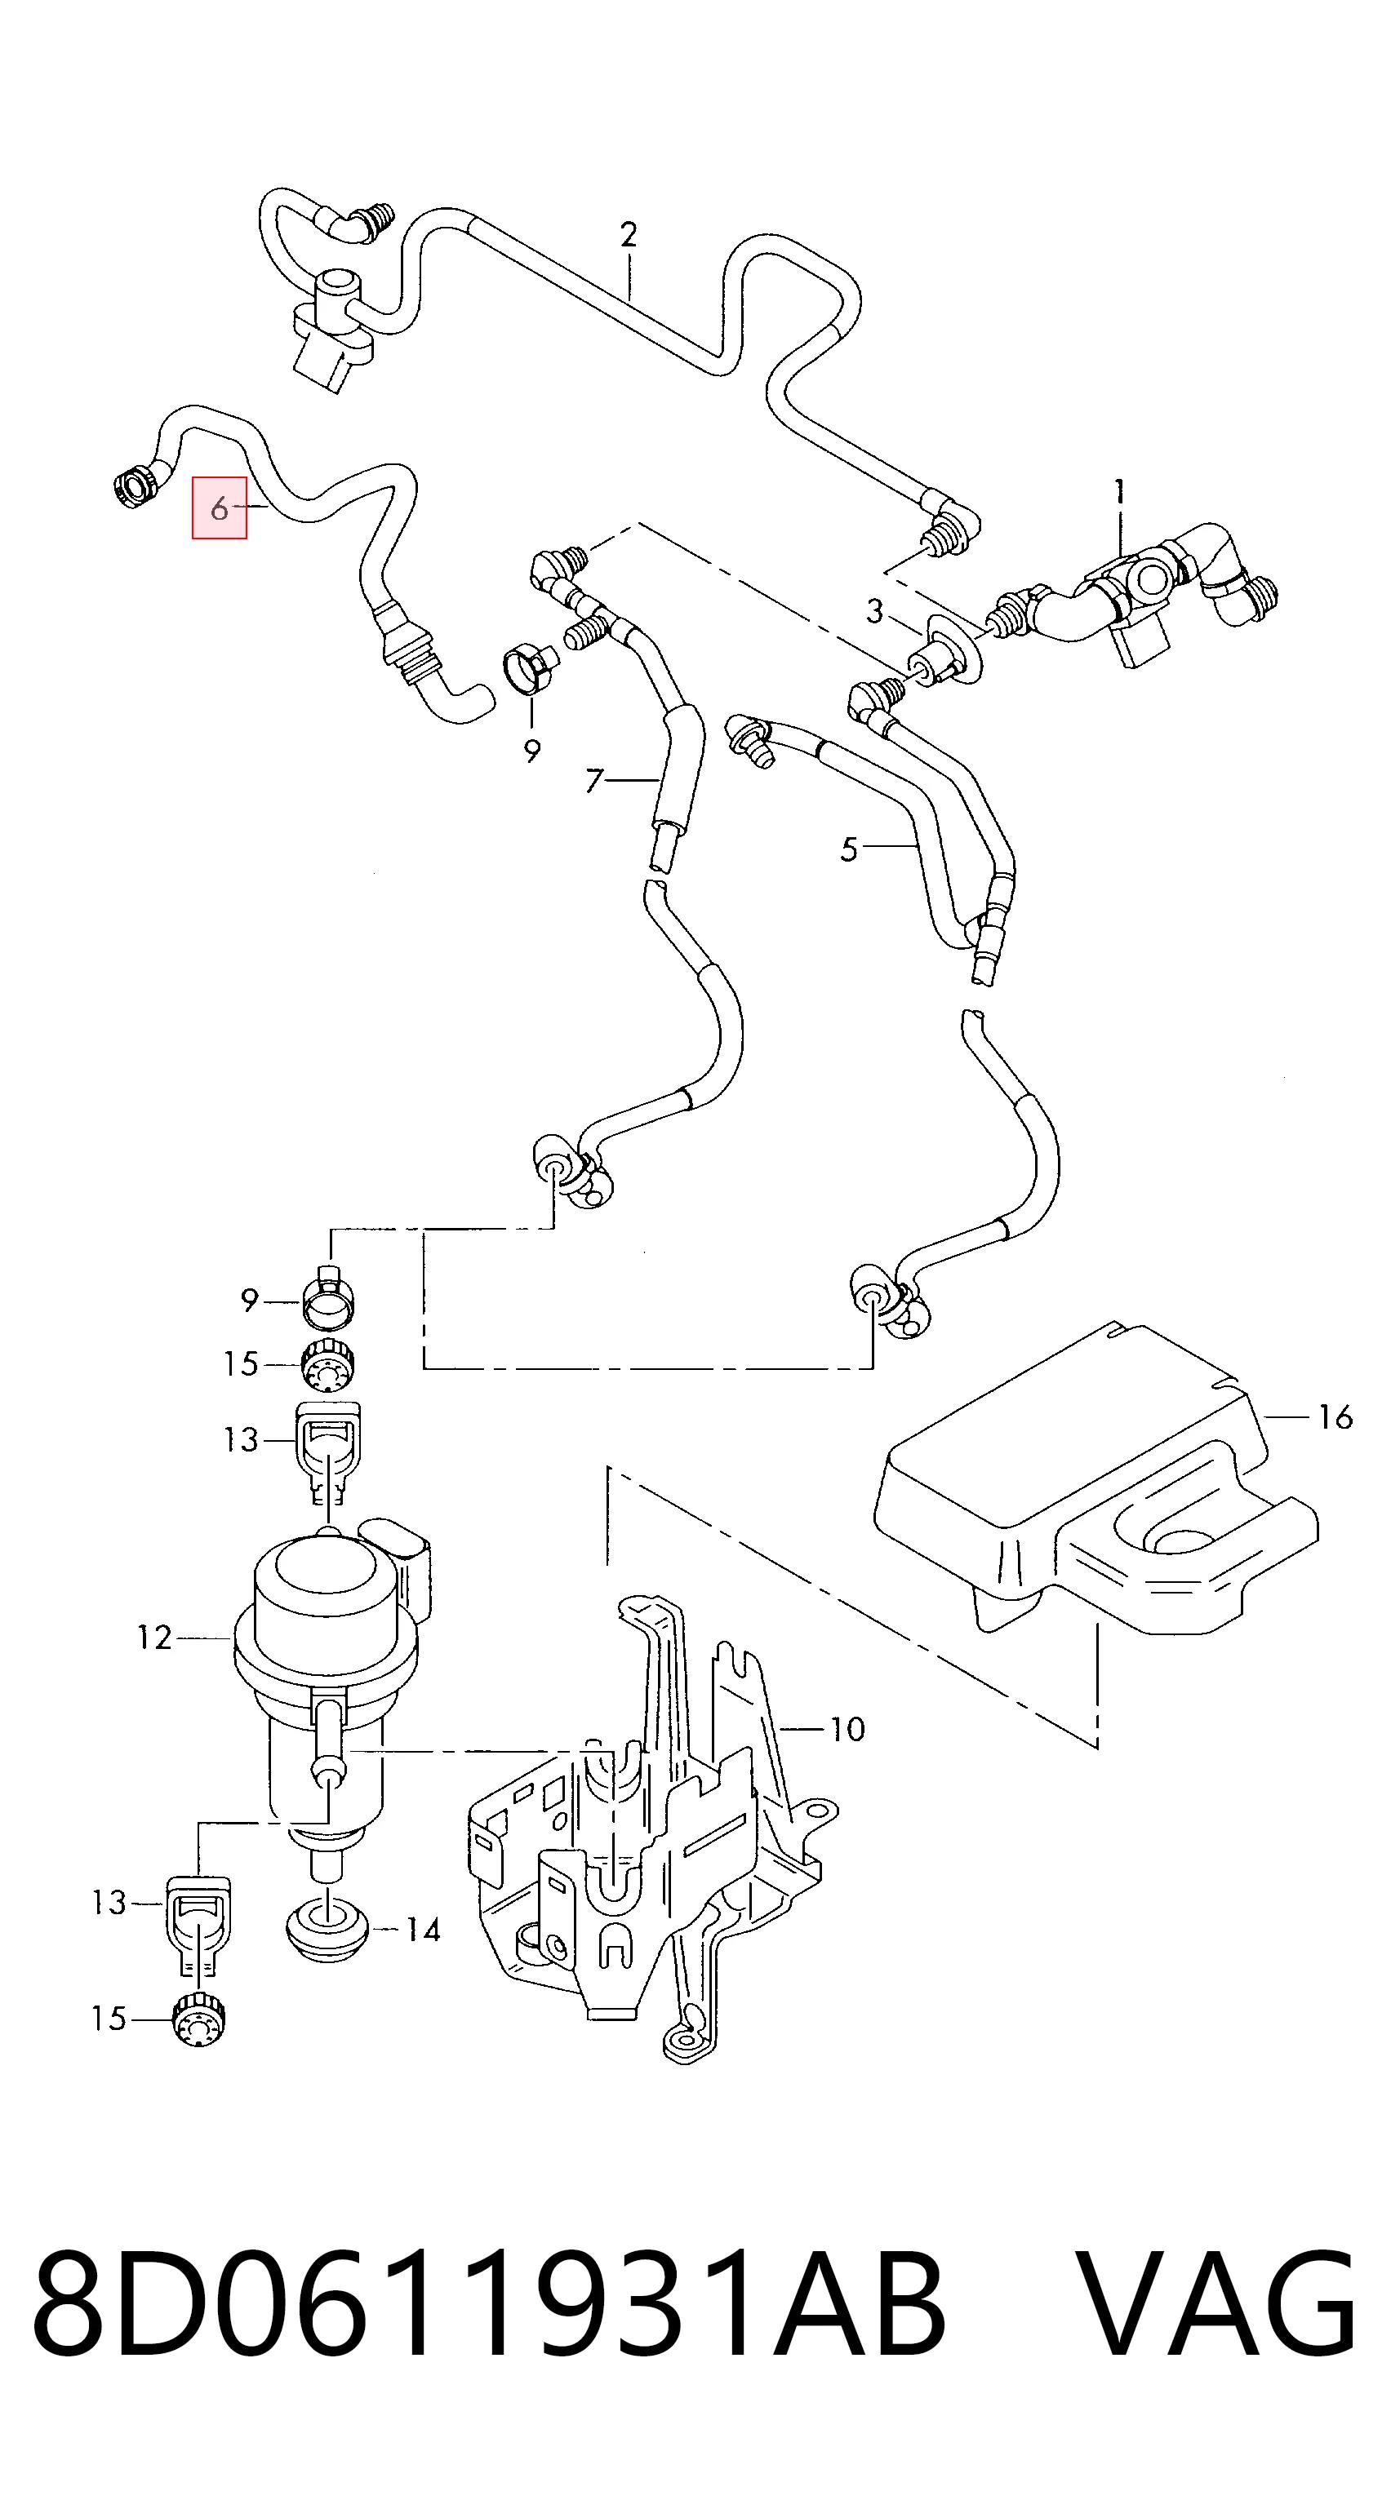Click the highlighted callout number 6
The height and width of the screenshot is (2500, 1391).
coord(220,508)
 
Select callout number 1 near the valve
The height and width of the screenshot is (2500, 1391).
coord(1119,492)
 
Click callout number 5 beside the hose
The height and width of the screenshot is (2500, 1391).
coord(849,849)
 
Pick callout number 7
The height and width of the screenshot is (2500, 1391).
coord(594,780)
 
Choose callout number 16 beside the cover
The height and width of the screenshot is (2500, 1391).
coord(1335,1418)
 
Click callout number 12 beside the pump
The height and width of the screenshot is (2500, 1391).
coord(154,1638)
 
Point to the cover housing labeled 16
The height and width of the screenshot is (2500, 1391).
coord(1097,1485)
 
